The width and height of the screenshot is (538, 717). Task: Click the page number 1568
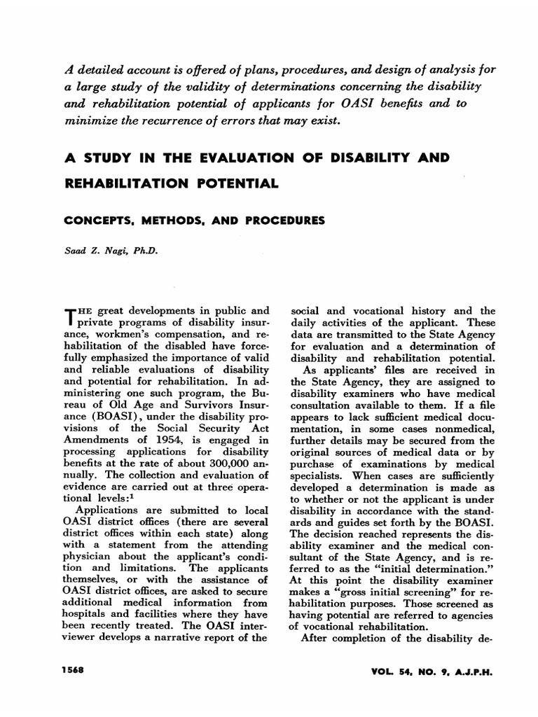(x=72, y=670)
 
